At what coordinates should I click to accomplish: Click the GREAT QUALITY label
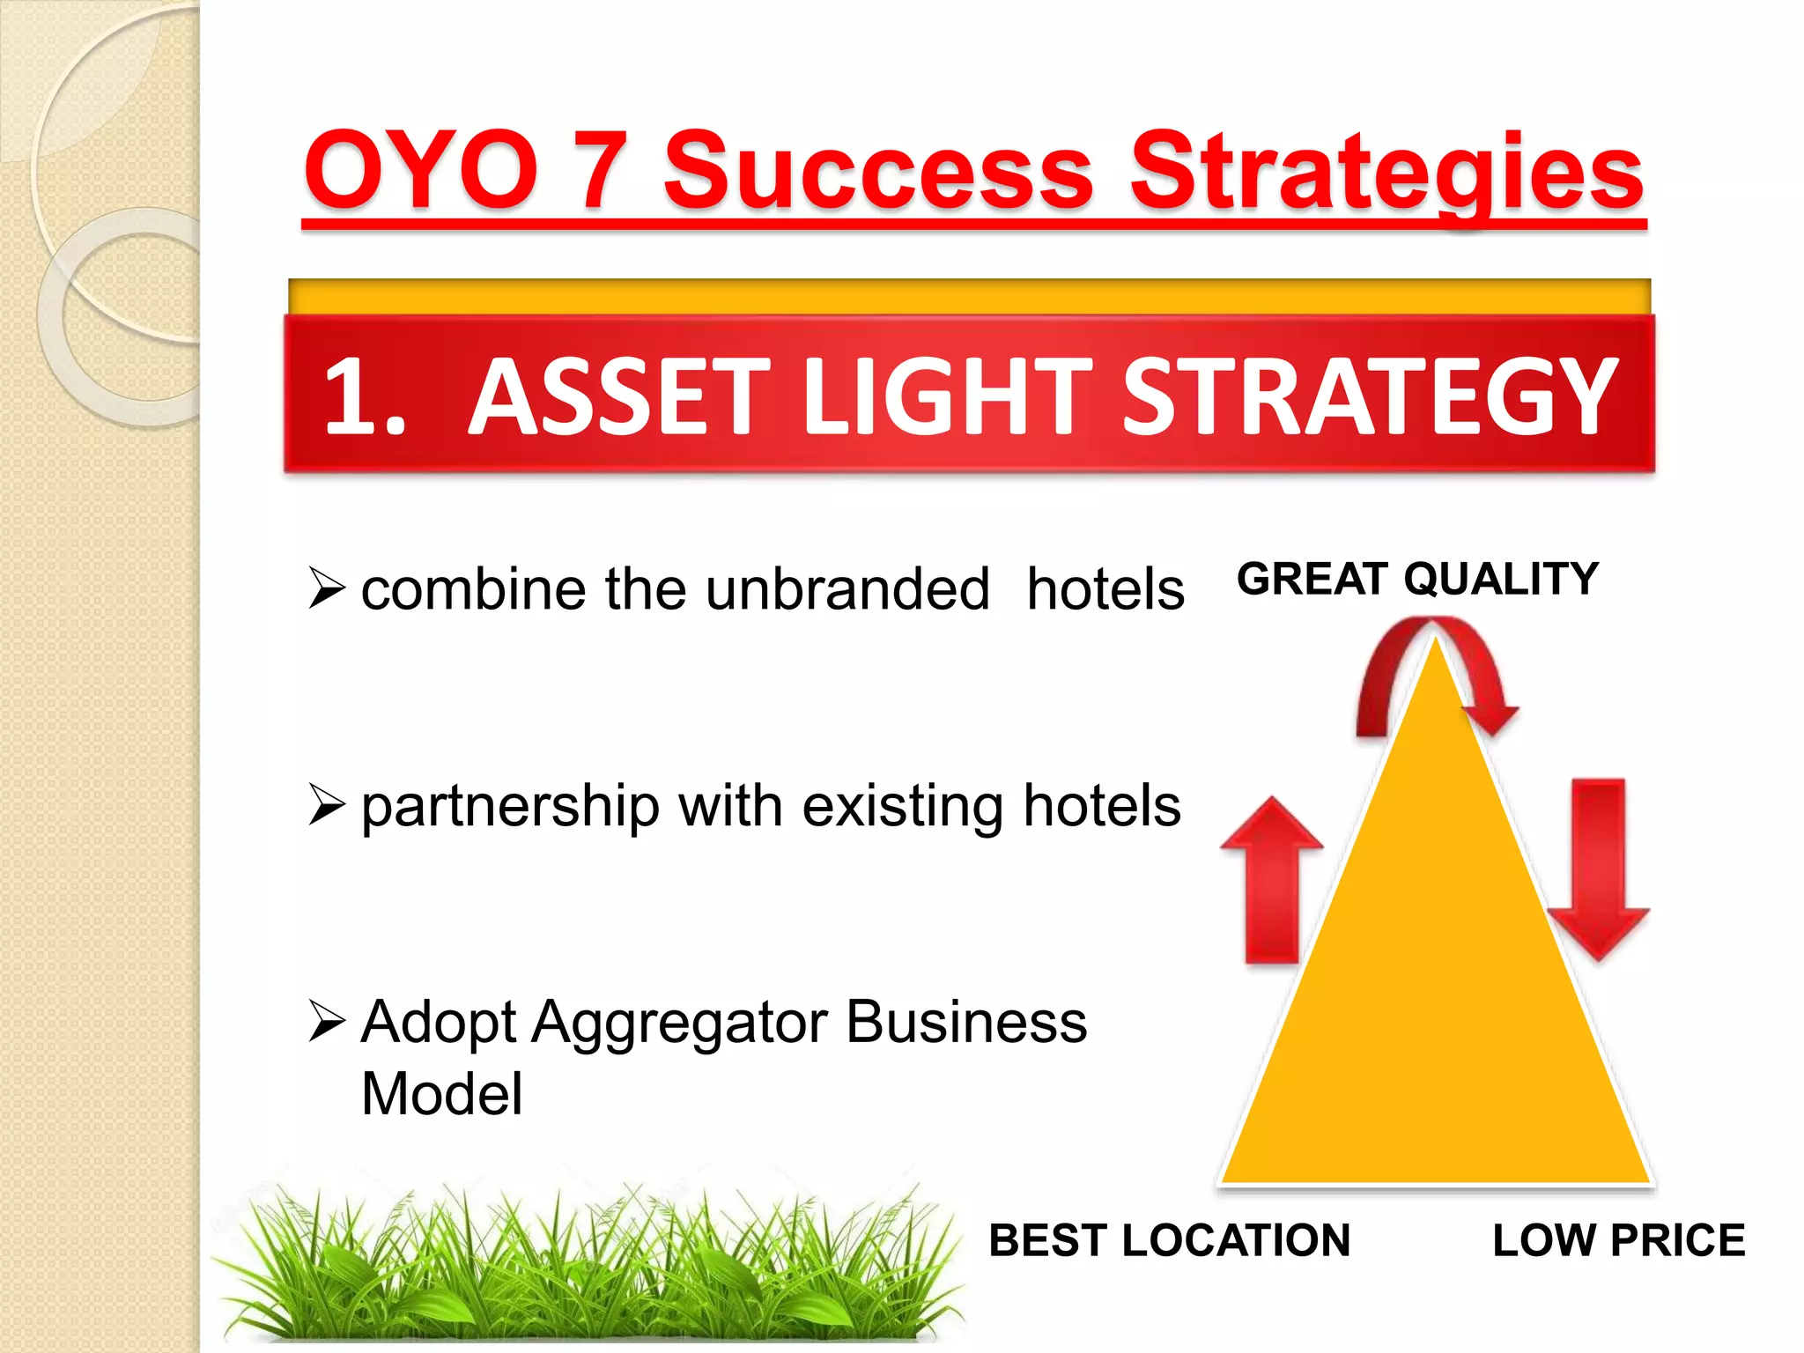tap(1417, 579)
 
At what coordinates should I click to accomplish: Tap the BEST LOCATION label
tap(1169, 1240)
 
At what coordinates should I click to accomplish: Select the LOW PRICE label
tap(1618, 1240)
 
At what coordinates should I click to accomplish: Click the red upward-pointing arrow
tap(1271, 881)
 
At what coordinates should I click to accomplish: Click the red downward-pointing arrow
tap(1598, 868)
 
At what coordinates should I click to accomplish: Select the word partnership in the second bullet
tap(510, 806)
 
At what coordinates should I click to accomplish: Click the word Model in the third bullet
tap(441, 1094)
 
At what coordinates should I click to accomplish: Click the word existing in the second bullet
tap(902, 806)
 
